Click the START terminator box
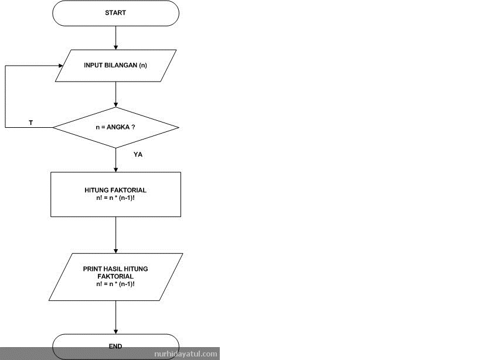click(115, 13)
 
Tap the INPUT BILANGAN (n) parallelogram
click(115, 65)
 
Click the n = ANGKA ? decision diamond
click(115, 127)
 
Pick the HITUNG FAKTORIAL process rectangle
click(115, 194)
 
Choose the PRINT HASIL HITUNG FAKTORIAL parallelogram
click(115, 276)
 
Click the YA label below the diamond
click(138, 155)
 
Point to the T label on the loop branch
click(30, 123)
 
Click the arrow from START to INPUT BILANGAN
click(115, 38)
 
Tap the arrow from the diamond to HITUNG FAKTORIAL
click(115, 159)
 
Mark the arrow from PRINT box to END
click(115, 317)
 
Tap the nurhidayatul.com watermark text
click(186, 354)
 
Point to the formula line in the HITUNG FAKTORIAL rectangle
click(115, 198)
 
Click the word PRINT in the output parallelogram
click(93, 269)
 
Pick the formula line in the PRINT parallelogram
click(115, 283)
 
